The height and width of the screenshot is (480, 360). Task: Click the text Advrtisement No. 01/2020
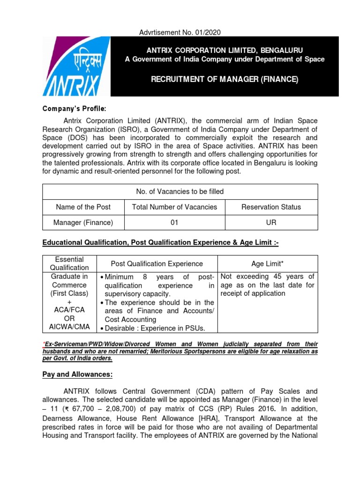pyautogui.click(x=180, y=32)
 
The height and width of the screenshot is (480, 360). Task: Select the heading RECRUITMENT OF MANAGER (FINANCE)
pyautogui.click(x=224, y=79)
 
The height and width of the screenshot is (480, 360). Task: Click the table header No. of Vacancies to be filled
pyautogui.click(x=180, y=191)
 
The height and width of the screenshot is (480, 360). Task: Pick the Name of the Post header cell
pyautogui.click(x=83, y=207)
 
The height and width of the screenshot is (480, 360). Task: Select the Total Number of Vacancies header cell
pyautogui.click(x=174, y=207)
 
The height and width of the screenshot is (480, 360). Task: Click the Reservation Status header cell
pyautogui.click(x=271, y=207)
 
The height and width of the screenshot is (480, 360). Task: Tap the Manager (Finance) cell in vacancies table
pyautogui.click(x=83, y=223)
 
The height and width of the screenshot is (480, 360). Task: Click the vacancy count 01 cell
pyautogui.click(x=174, y=223)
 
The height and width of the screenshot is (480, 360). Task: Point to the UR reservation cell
pyautogui.click(x=271, y=223)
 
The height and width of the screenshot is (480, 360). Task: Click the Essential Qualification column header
pyautogui.click(x=69, y=263)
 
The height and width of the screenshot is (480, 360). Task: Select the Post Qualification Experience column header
pyautogui.click(x=157, y=264)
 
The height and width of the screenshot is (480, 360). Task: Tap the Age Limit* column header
pyautogui.click(x=267, y=264)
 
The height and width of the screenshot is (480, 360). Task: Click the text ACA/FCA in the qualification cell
pyautogui.click(x=69, y=310)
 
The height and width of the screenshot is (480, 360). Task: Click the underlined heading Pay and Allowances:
pyautogui.click(x=77, y=375)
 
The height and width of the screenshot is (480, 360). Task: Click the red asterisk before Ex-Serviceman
pyautogui.click(x=44, y=342)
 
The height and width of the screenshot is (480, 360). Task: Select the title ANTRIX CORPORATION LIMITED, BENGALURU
pyautogui.click(x=224, y=50)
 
